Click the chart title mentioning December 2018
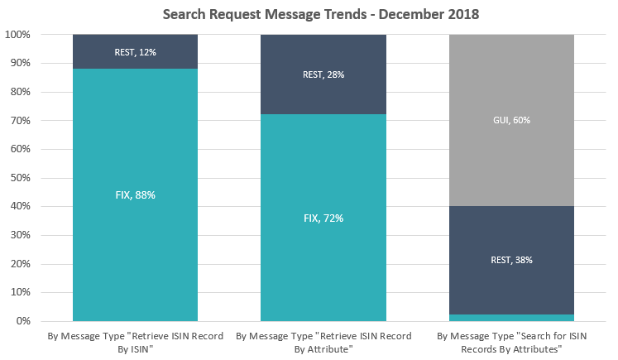[309, 14]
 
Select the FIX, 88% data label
[135, 194]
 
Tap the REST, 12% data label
[135, 52]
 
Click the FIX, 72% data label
[323, 218]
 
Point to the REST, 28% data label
[323, 74]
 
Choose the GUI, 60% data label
[510, 120]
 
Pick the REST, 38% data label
[510, 260]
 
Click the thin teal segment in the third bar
[510, 317]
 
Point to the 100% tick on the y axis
[18, 35]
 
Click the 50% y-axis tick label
[21, 178]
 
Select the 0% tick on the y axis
[23, 321]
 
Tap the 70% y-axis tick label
[21, 121]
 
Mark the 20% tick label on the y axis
[21, 264]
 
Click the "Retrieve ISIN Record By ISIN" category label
[135, 343]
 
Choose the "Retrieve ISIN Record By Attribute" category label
[323, 343]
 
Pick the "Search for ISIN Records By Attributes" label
[510, 343]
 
